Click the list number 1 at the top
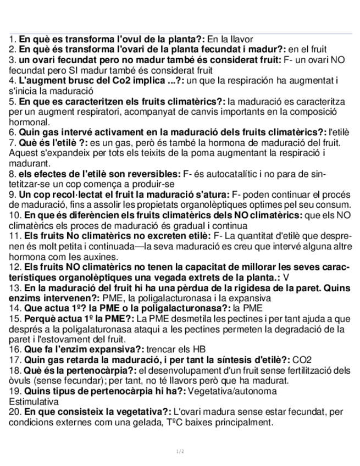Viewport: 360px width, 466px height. point(12,40)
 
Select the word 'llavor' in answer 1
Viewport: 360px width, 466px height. point(240,40)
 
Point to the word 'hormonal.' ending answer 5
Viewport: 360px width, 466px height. point(30,122)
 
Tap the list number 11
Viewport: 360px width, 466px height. point(15,236)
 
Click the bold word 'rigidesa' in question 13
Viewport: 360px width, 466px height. point(244,287)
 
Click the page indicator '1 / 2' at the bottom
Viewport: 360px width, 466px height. point(180,452)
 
